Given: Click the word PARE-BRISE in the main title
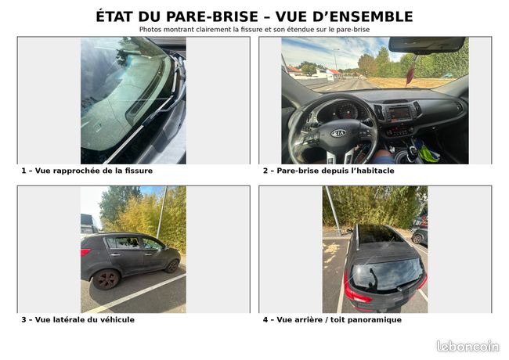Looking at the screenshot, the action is tap(212, 16).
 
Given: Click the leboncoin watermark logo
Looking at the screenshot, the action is tap(467, 346).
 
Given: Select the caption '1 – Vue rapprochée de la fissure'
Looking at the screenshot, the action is tap(87, 171).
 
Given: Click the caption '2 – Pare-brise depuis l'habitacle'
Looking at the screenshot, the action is tap(329, 171).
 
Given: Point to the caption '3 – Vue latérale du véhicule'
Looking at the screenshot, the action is tap(78, 320).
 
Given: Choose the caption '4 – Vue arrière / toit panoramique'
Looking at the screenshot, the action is tap(332, 320).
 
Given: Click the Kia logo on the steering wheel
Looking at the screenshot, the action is tap(338, 133).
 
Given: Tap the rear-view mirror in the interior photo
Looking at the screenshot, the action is tap(426, 45).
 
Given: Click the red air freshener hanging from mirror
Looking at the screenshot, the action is tap(410, 75).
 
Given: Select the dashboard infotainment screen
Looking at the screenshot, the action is tap(399, 113).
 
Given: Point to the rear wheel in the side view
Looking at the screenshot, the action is tap(106, 279).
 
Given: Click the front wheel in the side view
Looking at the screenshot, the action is tap(171, 266).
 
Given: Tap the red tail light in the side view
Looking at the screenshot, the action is tap(85, 252).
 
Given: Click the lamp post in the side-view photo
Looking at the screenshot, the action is tap(161, 212).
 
